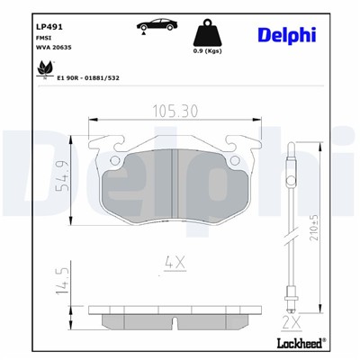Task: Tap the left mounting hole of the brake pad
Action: coord(113,161)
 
